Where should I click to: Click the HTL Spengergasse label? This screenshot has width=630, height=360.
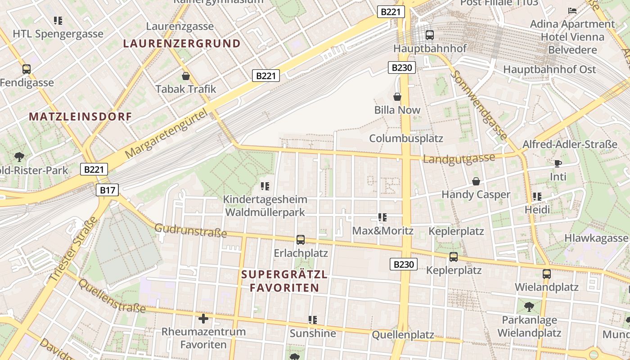58,34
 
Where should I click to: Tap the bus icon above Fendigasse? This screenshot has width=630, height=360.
27,69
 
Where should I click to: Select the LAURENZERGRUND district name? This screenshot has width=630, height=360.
182,44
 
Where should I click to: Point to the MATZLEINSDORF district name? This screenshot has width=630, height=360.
81,117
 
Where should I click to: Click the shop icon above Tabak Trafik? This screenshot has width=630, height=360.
185,76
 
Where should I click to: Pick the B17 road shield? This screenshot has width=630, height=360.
107,190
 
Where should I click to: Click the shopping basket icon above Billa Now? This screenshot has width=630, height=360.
397,96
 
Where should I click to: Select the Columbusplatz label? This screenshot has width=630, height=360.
406,138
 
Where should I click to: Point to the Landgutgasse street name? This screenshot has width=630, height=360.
459,158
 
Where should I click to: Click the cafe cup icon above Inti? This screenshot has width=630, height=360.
558,163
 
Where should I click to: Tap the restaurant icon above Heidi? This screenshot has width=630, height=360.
537,197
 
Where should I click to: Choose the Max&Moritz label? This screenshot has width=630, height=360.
382,231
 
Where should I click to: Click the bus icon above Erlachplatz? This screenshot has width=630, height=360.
301,240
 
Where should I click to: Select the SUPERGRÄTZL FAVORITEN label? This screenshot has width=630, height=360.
284,281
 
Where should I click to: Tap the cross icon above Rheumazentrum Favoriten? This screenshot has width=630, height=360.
203,319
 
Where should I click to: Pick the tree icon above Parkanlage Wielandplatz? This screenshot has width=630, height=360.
529,307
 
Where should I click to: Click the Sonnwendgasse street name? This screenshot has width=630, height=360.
480,104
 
